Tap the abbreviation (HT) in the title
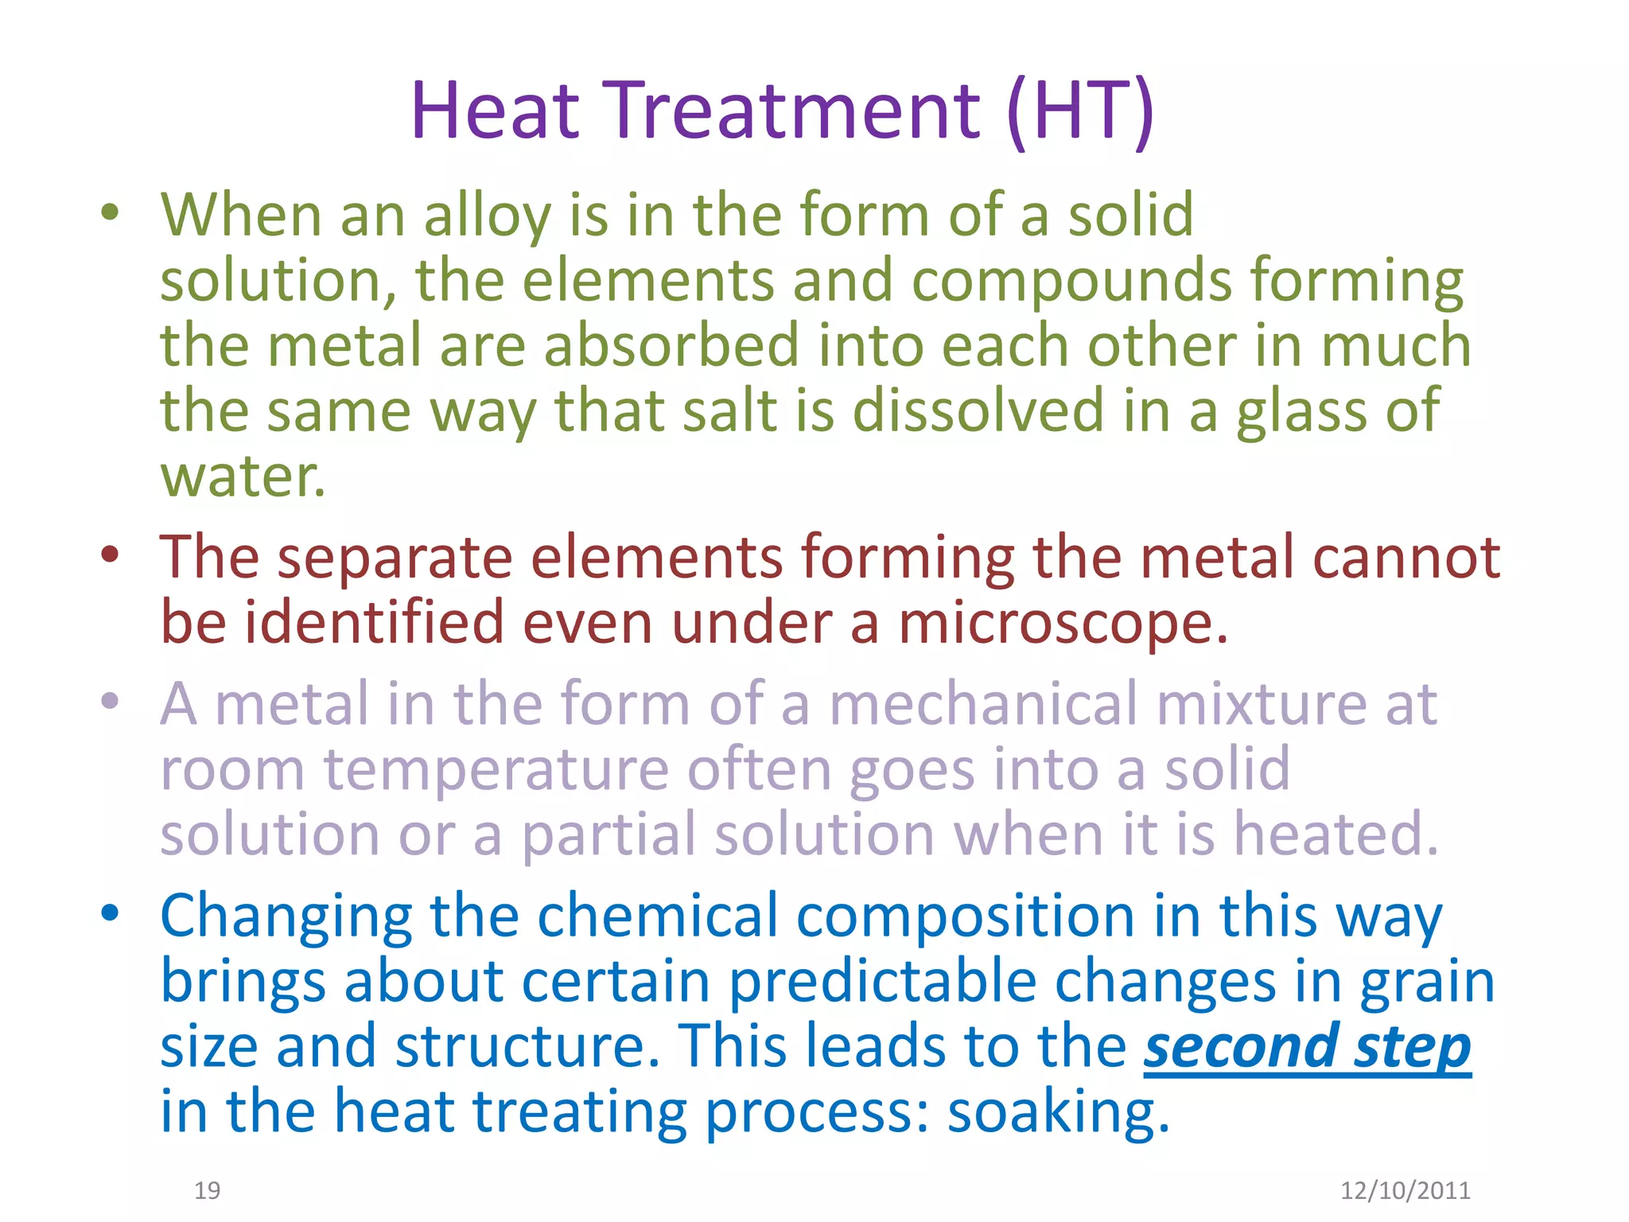pos(1079,111)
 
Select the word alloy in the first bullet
pos(487,216)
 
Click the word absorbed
pos(671,346)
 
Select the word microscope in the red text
pos(1063,622)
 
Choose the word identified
pos(374,622)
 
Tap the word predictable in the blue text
pos(882,982)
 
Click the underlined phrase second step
pos(1307,1047)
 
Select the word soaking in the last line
pos(1058,1112)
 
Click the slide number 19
pos(208,1190)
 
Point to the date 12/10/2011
pos(1405,1190)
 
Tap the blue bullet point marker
pos(110,913)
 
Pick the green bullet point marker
pos(110,212)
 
